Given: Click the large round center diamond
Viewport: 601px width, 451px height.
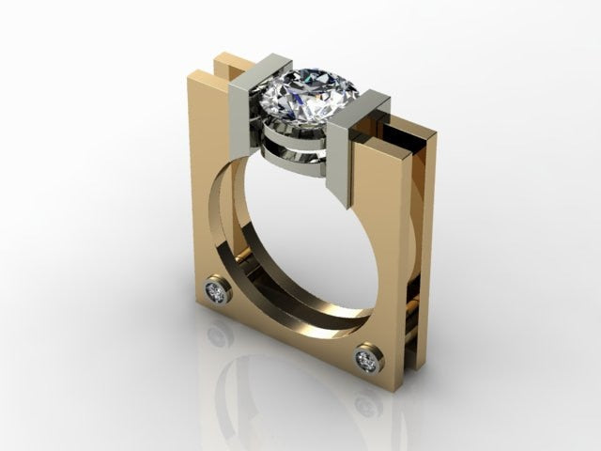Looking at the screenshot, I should click(x=309, y=94).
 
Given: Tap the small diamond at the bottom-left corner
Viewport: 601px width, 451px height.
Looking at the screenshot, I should click(x=218, y=291).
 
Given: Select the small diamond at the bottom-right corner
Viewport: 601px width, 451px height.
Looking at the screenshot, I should click(x=368, y=359).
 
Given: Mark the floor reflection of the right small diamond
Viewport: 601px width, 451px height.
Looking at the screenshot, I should click(x=367, y=405).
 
